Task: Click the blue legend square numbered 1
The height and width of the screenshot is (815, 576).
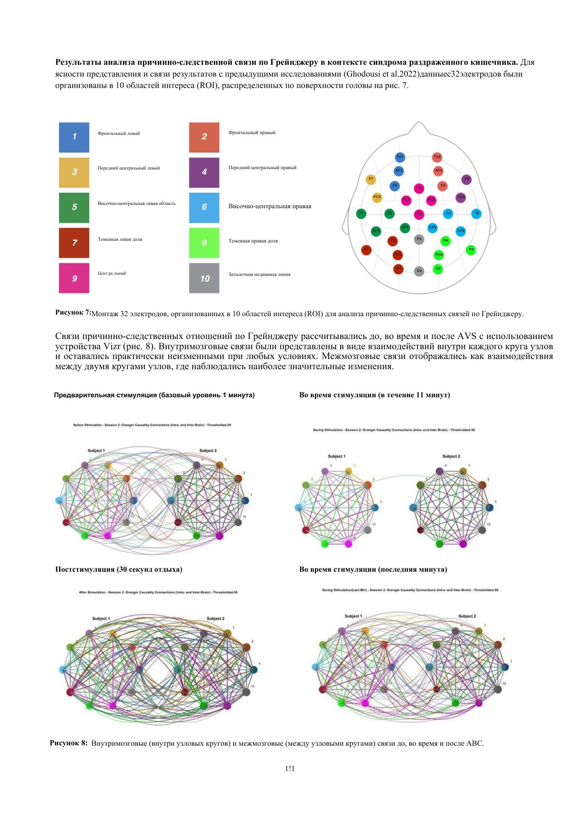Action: coord(74,137)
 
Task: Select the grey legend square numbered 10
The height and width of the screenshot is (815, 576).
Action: coord(204,278)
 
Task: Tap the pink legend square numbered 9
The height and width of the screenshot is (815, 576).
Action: coord(74,278)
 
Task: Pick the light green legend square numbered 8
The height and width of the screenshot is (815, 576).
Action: coord(204,243)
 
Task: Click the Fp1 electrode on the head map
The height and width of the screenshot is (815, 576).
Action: coord(400,157)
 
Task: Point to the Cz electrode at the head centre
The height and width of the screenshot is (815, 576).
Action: coord(419,214)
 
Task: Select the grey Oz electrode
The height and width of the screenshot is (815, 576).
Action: coord(419,271)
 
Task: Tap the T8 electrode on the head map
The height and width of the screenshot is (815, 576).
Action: coord(477,213)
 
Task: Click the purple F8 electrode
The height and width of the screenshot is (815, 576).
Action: coord(466,179)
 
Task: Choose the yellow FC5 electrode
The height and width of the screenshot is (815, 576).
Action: coord(377,197)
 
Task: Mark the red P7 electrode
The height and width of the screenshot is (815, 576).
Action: coord(366,249)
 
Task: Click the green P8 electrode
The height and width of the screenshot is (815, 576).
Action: coord(471,249)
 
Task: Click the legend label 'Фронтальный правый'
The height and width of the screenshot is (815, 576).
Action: coord(252,132)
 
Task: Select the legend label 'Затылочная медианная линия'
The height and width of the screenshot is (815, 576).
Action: coord(259,274)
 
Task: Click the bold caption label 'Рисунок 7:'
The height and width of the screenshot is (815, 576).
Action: coord(73,312)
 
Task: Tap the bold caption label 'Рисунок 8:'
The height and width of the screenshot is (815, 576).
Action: coord(68,743)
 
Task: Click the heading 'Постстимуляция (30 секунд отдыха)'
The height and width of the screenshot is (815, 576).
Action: coord(119,569)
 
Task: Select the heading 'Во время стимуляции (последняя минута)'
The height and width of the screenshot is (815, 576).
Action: coord(373,569)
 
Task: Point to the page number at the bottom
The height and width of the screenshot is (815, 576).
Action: coord(290,769)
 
